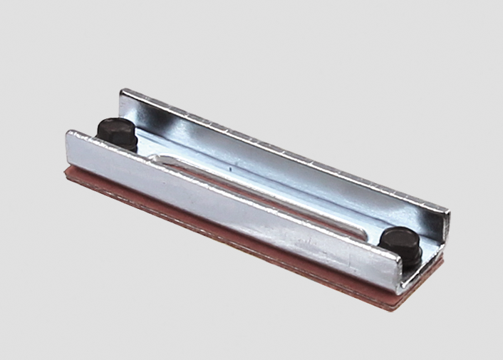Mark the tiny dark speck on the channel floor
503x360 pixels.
(x=231, y=170)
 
